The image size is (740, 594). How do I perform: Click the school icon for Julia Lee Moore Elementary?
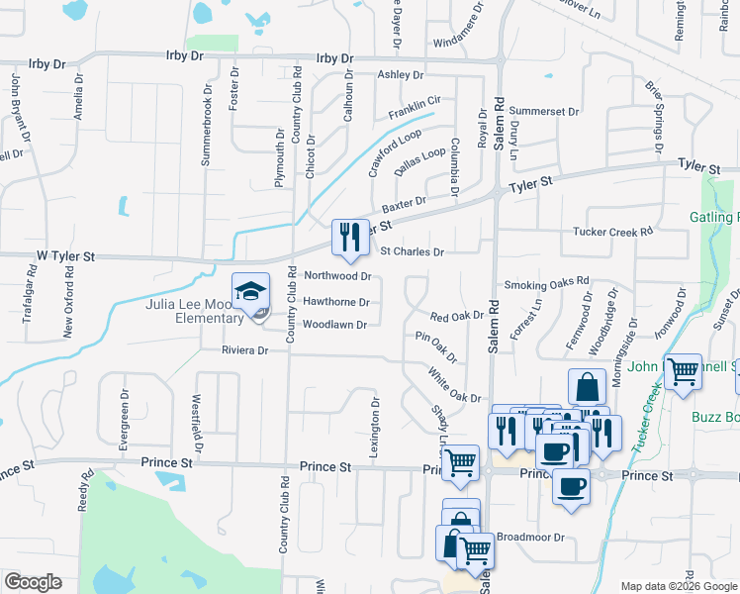coord(251,291)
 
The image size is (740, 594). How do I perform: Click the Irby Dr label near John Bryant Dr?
coord(46,63)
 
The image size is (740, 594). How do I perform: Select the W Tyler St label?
coord(64,256)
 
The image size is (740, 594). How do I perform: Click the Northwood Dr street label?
coord(337,276)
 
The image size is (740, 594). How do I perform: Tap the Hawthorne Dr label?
coord(336,302)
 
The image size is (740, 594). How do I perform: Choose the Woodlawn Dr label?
coord(334,325)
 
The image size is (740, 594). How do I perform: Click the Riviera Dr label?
coord(226,350)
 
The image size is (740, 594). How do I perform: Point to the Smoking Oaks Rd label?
coord(546,284)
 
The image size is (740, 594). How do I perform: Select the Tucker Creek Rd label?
coord(613,232)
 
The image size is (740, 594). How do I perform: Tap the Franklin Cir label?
coord(415,108)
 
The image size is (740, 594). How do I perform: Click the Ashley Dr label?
coord(400,75)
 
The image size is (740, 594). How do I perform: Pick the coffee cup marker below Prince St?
coord(571,487)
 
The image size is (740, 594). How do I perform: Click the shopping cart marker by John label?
coord(683,372)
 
